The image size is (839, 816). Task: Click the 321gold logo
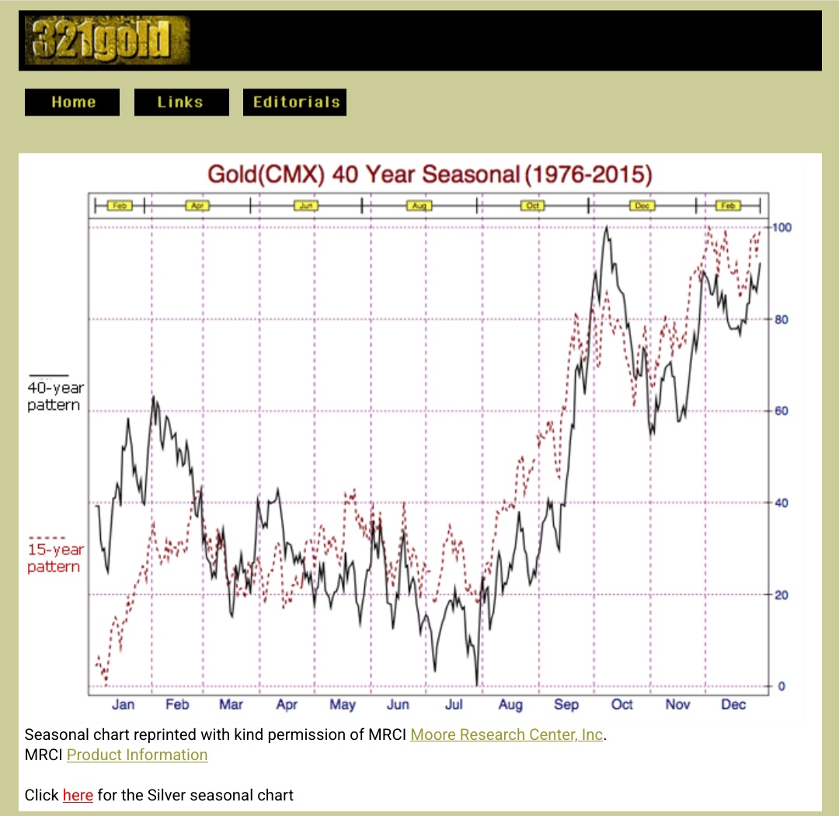pos(107,40)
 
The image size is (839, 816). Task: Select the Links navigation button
pos(181,102)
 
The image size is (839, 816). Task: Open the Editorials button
pos(295,102)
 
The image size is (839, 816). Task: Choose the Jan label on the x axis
pos(123,704)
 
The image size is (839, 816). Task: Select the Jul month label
pos(454,704)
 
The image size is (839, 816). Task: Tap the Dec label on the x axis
pos(733,704)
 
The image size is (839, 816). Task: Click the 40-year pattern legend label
pos(54,396)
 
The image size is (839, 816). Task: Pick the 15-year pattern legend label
pos(54,557)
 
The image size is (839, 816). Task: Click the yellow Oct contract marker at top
pos(533,206)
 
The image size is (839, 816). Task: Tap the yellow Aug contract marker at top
pos(419,206)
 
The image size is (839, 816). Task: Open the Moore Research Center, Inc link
pos(507,734)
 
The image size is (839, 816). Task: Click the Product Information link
pos(137,755)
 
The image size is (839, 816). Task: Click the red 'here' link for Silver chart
pos(78,795)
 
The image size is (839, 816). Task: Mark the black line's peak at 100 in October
pos(606,227)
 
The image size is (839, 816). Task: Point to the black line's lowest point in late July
pos(476,685)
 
